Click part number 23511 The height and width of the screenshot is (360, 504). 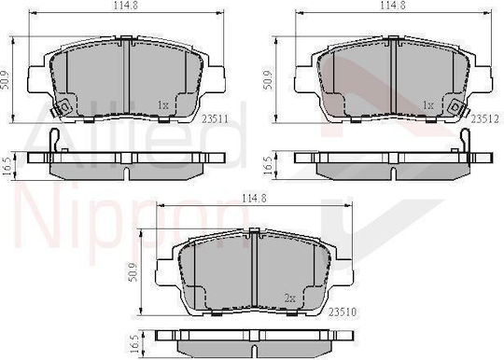point(215,119)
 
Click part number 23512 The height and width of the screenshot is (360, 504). point(484,119)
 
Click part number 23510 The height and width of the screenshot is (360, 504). point(343,312)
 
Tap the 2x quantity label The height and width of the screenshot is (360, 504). point(290,298)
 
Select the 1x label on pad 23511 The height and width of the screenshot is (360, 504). point(163,104)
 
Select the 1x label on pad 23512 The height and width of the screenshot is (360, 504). point(428,104)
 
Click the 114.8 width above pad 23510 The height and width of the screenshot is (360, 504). point(254,199)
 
